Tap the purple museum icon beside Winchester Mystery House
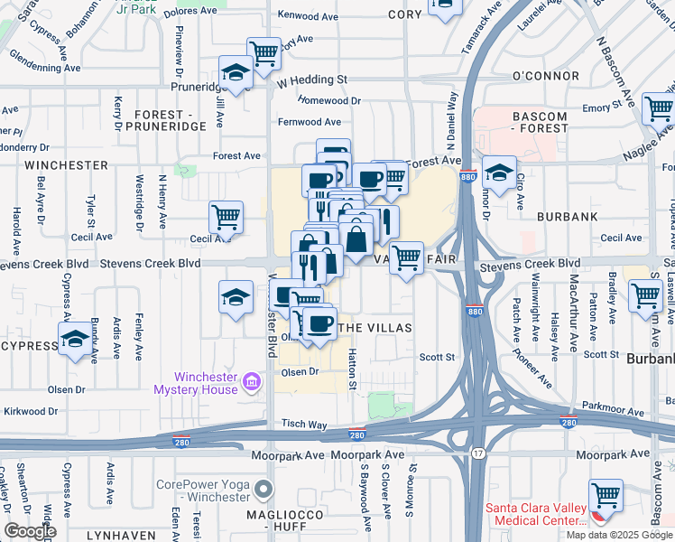(x=252, y=384)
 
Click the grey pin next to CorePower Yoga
(x=264, y=491)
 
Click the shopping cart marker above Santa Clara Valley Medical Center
(x=606, y=496)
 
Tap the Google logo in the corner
(x=30, y=531)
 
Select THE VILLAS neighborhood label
(x=375, y=327)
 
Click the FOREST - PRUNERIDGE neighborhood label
(x=171, y=121)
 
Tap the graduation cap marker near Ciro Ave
(x=498, y=172)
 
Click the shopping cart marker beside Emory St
(x=658, y=108)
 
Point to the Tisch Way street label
(x=303, y=424)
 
